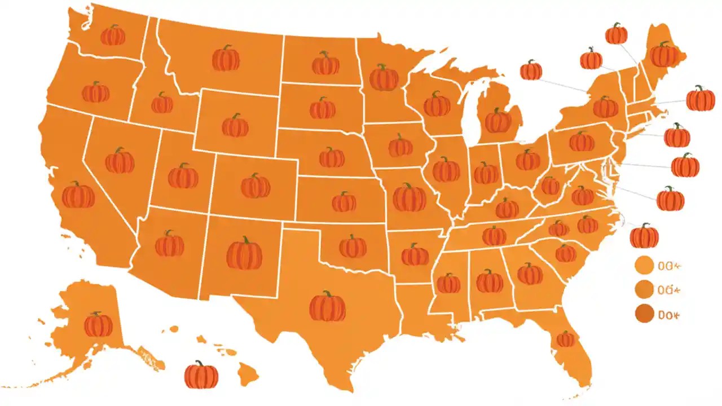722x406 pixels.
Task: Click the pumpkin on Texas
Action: point(327,307)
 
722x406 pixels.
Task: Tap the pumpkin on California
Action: point(78,195)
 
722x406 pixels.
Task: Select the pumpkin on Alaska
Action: point(98,325)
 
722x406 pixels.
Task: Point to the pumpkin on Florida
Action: point(565,339)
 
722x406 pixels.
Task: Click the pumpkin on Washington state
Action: point(113,36)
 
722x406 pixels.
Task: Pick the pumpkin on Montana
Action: point(226,58)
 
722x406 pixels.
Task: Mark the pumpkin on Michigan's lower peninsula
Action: point(498,121)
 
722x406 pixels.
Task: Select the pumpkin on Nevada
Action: point(120,161)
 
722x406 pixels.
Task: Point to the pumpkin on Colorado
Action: point(256,186)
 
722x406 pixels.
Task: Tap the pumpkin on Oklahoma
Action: point(353,246)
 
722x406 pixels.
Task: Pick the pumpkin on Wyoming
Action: point(235,126)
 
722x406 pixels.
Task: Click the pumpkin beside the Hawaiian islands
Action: point(201,375)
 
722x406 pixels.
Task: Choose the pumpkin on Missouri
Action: point(410,197)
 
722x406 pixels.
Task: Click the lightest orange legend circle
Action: point(644,264)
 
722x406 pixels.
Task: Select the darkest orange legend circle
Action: point(644,314)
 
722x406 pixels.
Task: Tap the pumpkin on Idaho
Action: point(162,103)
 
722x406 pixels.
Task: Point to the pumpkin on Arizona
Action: point(169,244)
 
